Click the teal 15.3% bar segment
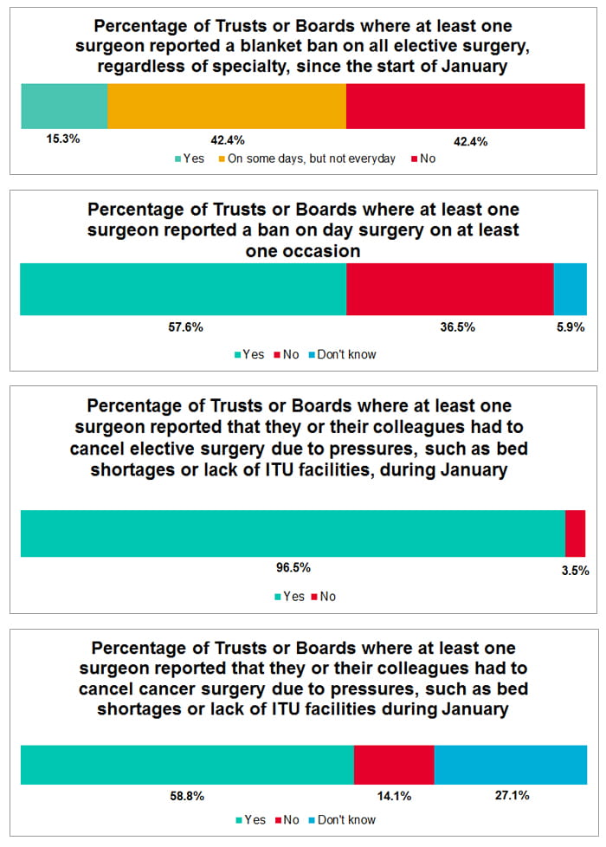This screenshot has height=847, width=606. [64, 107]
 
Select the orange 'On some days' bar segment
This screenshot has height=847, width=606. [227, 107]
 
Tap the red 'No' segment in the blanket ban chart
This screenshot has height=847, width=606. [466, 107]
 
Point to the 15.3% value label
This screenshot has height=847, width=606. [63, 139]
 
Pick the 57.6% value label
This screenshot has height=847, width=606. [184, 327]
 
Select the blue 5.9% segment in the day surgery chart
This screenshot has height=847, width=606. [570, 288]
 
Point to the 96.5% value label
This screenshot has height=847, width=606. [293, 568]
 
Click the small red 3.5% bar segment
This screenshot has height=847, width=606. [575, 533]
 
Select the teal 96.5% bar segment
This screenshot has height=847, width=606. [293, 533]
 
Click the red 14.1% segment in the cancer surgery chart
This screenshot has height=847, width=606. [394, 765]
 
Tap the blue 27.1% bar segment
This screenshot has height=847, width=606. [510, 765]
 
